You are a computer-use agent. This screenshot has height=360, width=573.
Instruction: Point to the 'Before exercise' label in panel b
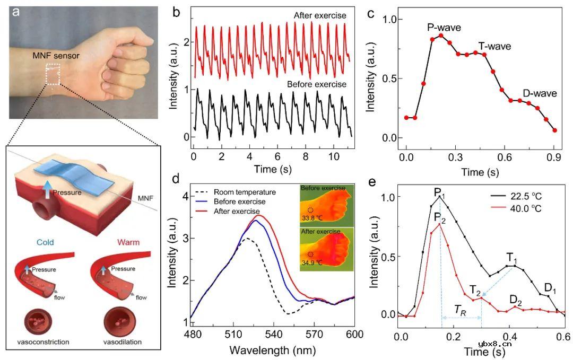(316, 84)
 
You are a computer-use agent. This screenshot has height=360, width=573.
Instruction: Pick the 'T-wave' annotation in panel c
(494, 46)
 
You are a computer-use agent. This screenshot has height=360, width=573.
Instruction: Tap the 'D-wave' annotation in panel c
(539, 93)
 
